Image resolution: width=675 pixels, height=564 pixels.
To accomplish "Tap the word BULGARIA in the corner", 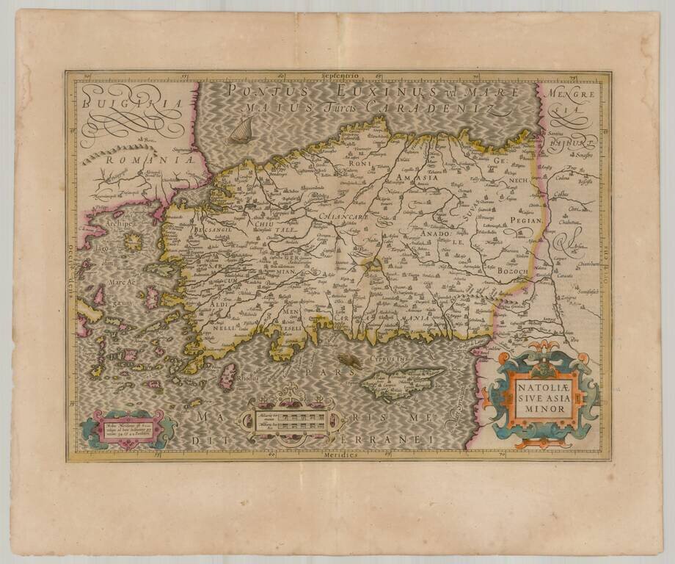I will click(x=132, y=104).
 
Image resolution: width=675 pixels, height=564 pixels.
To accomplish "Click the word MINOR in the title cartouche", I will click(x=544, y=408).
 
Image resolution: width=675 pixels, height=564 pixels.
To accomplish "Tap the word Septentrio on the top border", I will click(x=337, y=74).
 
